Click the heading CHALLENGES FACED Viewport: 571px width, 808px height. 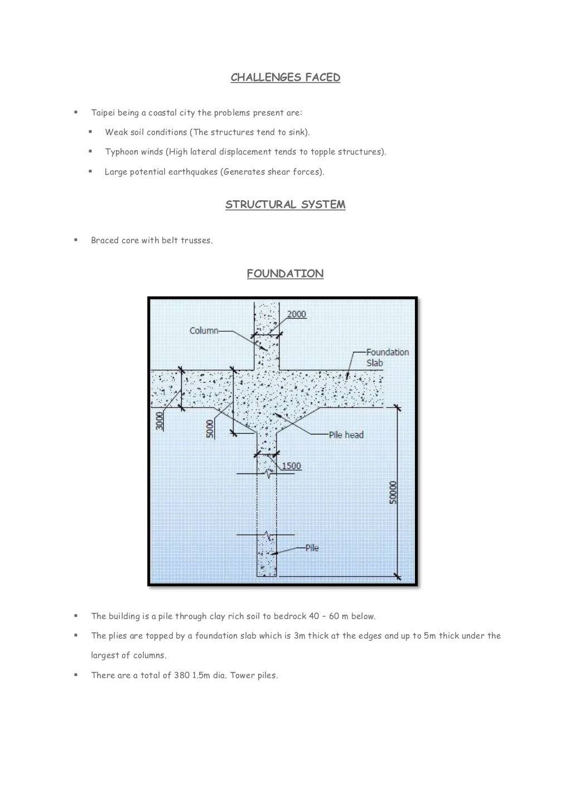[285, 78]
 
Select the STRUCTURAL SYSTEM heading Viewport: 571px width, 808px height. [285, 205]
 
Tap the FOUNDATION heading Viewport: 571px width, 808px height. [285, 274]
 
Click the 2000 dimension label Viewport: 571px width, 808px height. [296, 315]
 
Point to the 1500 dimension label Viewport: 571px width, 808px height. [291, 466]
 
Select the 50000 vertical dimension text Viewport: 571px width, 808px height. [393, 492]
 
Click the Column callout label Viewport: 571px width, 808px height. [204, 331]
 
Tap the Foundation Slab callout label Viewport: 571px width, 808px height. [386, 357]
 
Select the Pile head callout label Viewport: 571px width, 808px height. [346, 435]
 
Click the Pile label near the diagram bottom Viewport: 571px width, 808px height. [312, 548]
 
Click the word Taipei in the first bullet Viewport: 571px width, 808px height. [103, 113]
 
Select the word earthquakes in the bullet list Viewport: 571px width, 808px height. [193, 172]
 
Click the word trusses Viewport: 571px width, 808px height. [196, 241]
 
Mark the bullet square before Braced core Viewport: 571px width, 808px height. [75, 240]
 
